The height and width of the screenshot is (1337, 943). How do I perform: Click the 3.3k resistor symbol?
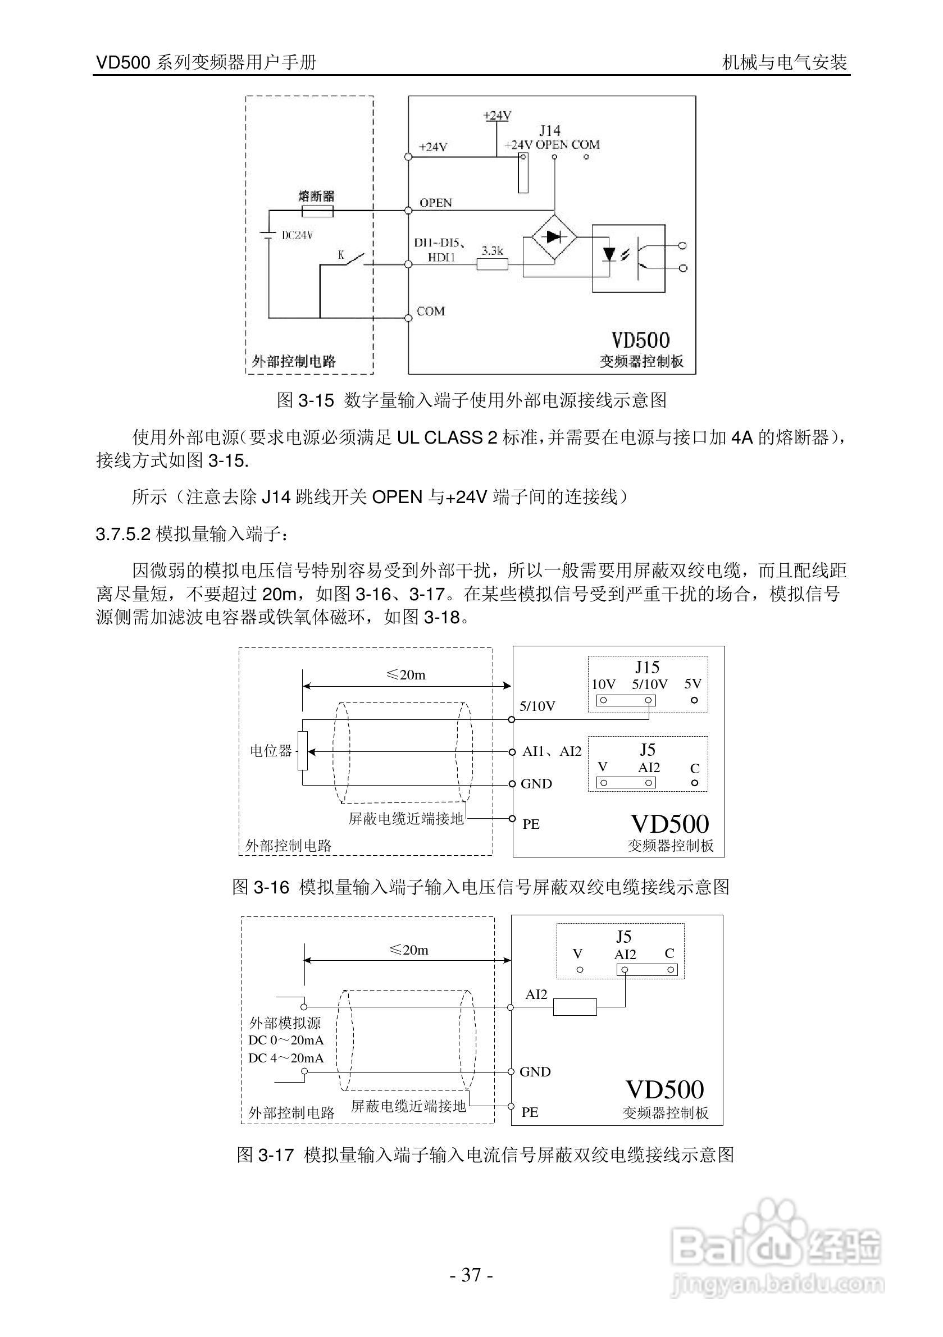tap(492, 264)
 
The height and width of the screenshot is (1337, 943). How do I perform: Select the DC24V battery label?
tap(297, 235)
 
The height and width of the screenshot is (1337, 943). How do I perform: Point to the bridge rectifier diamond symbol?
tap(553, 237)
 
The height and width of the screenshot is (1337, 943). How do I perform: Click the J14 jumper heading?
tap(549, 130)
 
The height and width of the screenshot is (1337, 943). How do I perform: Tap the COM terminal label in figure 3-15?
tap(430, 312)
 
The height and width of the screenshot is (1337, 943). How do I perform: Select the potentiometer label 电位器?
tap(271, 751)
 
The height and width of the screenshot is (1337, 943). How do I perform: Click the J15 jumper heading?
tap(647, 667)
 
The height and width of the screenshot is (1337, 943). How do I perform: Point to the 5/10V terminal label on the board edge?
tap(537, 706)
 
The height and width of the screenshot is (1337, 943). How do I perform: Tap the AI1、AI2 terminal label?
tap(552, 751)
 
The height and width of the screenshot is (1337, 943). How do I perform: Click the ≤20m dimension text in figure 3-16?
tap(406, 675)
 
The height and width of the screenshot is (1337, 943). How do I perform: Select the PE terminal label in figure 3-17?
tap(530, 1112)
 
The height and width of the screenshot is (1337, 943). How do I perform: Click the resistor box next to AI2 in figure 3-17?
tap(575, 1007)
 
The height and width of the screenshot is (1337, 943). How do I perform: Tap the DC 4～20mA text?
tap(286, 1058)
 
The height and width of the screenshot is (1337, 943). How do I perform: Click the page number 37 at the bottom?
tap(471, 1275)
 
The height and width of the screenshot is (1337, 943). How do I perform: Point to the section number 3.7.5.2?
tap(124, 534)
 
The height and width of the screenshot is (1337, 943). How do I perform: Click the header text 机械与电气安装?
tap(784, 62)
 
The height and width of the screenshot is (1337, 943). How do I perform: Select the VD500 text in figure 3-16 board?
tap(669, 824)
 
